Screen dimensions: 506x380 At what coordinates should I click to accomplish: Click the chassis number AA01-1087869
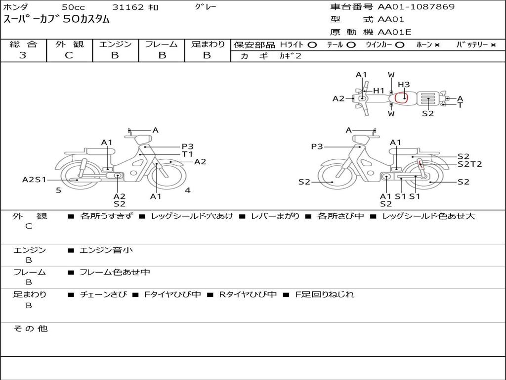416,6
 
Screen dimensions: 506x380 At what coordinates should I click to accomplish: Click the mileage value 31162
127,7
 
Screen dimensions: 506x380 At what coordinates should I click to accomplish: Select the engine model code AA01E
394,32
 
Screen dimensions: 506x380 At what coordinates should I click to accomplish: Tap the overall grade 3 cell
23,55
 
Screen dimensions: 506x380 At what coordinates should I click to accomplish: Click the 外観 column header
69,44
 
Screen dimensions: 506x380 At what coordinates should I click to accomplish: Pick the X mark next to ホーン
437,45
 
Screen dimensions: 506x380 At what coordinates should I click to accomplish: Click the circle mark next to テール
351,45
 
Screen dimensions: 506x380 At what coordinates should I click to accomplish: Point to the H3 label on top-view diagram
403,84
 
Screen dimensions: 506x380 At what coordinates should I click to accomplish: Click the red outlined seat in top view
401,97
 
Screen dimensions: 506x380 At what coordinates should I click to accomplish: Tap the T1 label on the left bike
187,154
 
